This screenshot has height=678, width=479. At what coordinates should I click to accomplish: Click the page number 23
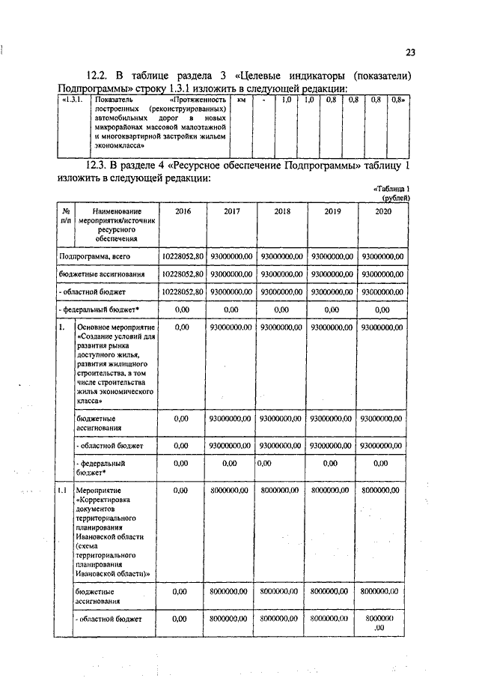(x=410, y=52)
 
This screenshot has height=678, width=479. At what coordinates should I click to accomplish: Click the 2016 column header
(x=183, y=212)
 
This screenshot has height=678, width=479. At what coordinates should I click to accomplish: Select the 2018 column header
(x=282, y=212)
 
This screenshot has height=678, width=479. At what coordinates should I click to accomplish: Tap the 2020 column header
(x=382, y=212)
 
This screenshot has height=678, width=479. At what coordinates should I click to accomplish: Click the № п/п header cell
(x=65, y=217)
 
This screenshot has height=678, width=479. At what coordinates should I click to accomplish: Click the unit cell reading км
(x=241, y=100)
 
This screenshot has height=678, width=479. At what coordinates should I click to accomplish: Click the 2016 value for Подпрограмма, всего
(x=183, y=256)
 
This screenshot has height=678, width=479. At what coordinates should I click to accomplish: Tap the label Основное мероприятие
(x=116, y=327)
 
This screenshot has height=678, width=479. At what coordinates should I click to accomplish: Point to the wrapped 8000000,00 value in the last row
(x=382, y=623)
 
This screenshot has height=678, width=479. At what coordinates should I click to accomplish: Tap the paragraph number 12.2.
(x=99, y=76)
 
